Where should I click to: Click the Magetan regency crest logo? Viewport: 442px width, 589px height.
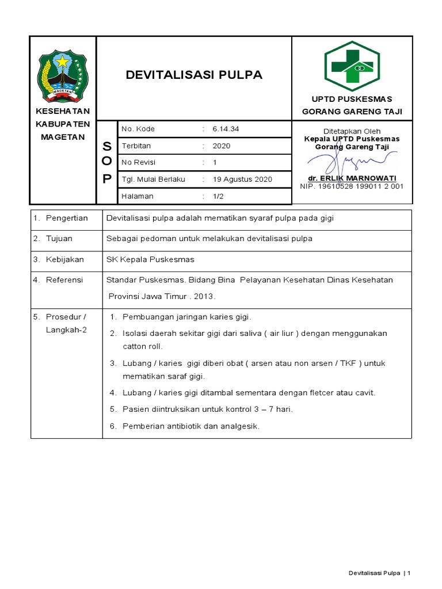pyautogui.click(x=63, y=75)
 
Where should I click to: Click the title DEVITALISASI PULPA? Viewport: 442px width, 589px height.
pyautogui.click(x=194, y=75)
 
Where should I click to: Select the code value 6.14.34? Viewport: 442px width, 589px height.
pyautogui.click(x=226, y=129)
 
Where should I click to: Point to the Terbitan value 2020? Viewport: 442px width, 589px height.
pyautogui.click(x=221, y=146)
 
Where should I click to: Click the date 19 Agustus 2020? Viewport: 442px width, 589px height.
pyautogui.click(x=242, y=179)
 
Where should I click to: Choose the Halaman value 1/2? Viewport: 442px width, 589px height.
pyautogui.click(x=219, y=196)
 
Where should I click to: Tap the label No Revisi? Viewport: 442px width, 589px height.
pyautogui.click(x=139, y=162)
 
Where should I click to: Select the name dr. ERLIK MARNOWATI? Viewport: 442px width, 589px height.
pyautogui.click(x=352, y=178)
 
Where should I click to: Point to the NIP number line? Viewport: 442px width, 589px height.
pyautogui.click(x=352, y=186)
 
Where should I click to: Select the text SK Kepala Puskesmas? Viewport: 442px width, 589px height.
pyautogui.click(x=150, y=259)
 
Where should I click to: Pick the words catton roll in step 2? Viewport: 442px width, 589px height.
pyautogui.click(x=143, y=346)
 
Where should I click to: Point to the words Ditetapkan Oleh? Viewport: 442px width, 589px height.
pyautogui.click(x=352, y=131)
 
